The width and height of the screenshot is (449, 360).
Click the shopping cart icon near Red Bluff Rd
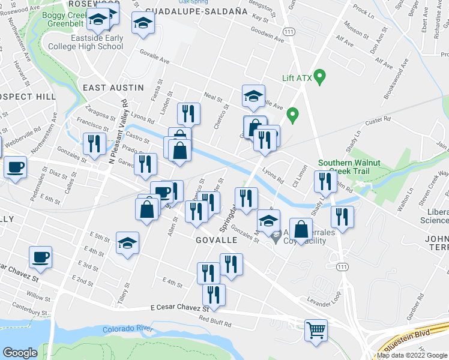pyautogui.click(x=316, y=329)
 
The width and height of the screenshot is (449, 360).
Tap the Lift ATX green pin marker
pyautogui.click(x=320, y=77)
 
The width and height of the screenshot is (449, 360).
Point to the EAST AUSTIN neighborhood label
pyautogui.click(x=113, y=88)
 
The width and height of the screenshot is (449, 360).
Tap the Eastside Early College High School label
pyautogui.click(x=86, y=42)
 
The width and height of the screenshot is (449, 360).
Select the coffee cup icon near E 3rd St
pyautogui.click(x=40, y=256)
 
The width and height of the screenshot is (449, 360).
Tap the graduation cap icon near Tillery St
pyautogui.click(x=127, y=243)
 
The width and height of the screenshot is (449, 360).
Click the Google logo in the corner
pyautogui.click(x=21, y=353)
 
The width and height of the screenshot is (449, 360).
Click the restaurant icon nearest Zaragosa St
pyautogui.click(x=94, y=145)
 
